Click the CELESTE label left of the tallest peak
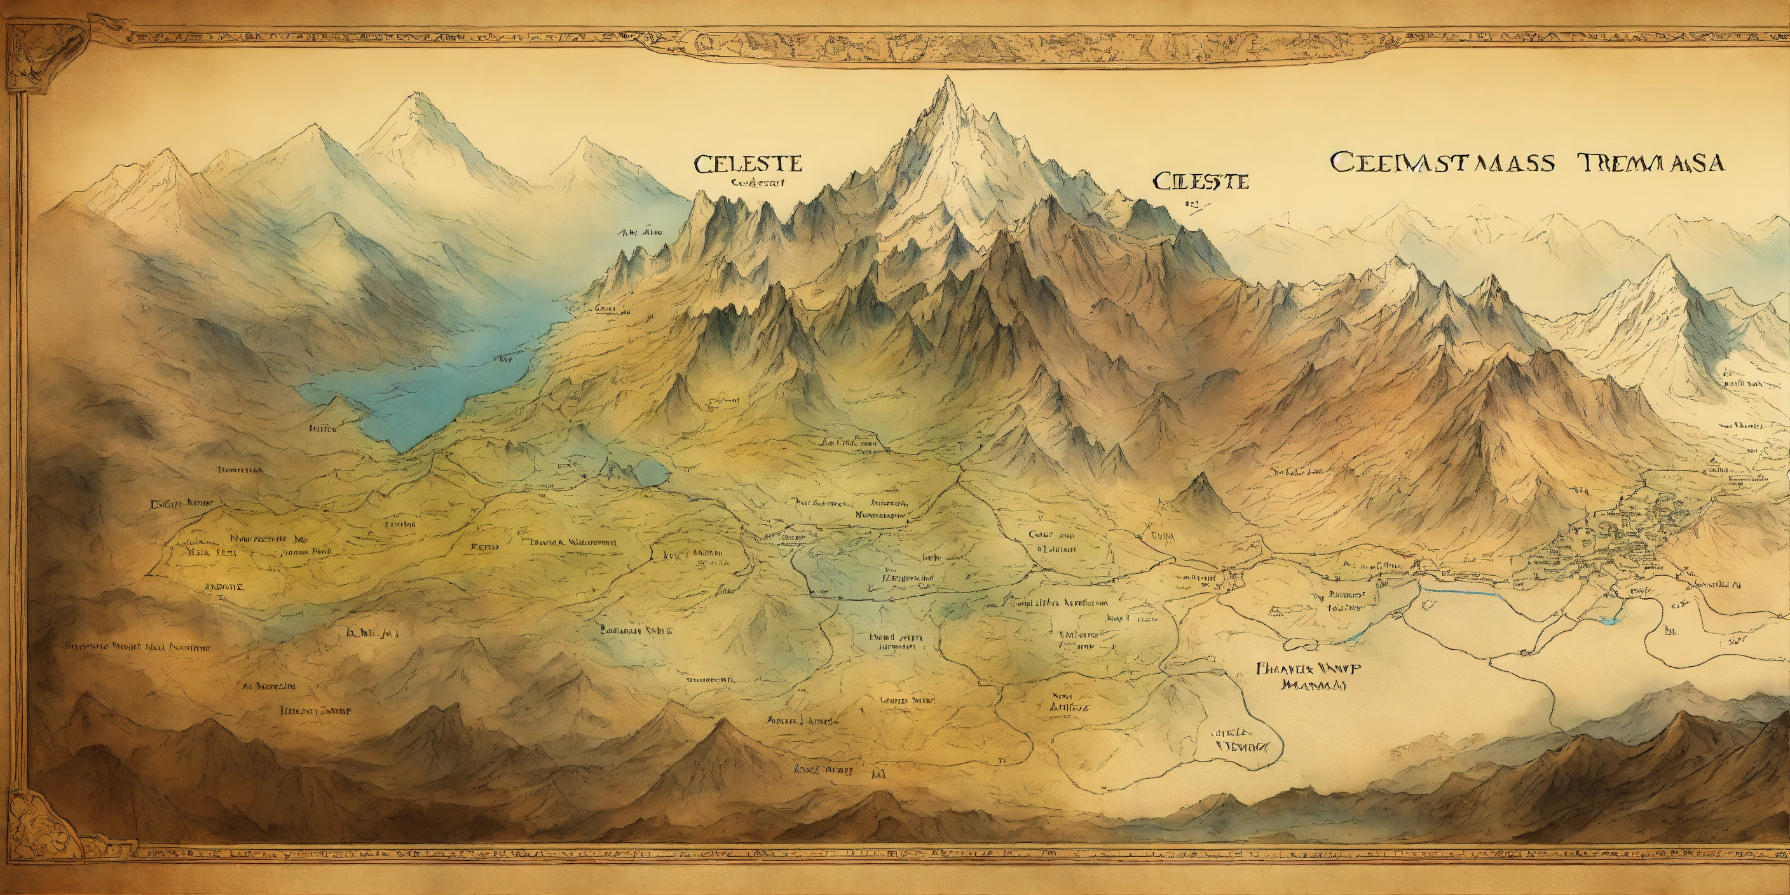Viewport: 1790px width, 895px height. point(747,164)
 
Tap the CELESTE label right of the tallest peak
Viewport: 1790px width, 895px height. point(1201,182)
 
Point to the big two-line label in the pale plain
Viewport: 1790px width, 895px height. point(1308,676)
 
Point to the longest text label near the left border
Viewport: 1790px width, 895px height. point(137,647)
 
